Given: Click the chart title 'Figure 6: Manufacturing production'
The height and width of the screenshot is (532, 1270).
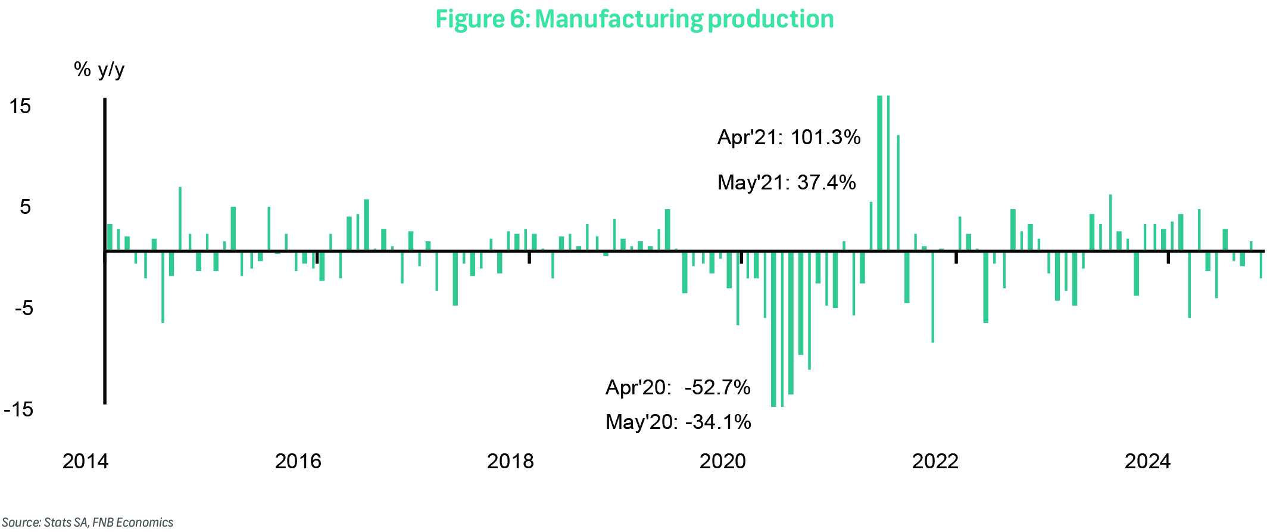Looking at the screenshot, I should [x=634, y=19].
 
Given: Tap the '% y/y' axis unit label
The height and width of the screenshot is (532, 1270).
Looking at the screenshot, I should [x=99, y=70].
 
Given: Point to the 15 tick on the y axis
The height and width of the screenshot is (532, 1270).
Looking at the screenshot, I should [x=20, y=107].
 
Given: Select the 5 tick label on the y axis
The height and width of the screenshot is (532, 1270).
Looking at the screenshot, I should [x=25, y=207].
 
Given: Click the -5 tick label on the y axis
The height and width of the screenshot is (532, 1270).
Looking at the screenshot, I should [x=23, y=309].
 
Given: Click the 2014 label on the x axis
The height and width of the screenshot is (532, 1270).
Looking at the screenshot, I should [x=86, y=461].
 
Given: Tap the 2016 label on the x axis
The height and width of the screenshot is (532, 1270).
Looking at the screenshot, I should [x=298, y=461].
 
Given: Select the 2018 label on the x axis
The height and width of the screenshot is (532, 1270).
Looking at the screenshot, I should [x=510, y=461].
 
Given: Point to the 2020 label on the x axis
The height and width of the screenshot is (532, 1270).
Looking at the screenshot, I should [x=723, y=461].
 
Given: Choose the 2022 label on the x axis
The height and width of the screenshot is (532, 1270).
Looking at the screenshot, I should [x=935, y=461].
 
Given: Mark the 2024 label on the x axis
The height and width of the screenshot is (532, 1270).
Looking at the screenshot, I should [x=1147, y=461].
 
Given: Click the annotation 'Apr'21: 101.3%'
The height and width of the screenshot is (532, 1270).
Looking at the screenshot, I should [x=789, y=138].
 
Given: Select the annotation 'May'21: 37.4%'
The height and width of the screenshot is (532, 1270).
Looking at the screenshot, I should [x=787, y=182].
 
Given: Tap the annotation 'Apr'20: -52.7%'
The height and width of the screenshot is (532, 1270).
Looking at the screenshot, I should [x=678, y=388].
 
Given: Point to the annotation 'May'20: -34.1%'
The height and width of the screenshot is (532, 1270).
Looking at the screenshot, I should [x=678, y=422].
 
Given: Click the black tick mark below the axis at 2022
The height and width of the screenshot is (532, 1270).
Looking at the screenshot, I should [x=956, y=258].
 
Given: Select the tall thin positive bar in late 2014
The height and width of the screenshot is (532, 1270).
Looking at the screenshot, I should [x=180, y=219].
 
